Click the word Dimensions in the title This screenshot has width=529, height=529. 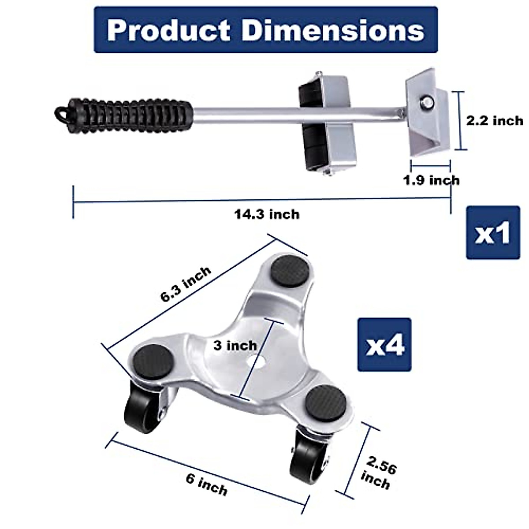pyautogui.click(x=333, y=30)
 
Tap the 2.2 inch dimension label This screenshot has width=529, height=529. pyautogui.click(x=495, y=120)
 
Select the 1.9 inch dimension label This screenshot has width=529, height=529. pyautogui.click(x=431, y=180)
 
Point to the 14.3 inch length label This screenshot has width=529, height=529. pyautogui.click(x=266, y=214)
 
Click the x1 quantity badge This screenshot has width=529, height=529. pyautogui.click(x=492, y=233)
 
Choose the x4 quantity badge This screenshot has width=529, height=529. pyautogui.click(x=384, y=345)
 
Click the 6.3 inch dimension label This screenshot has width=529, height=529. pyautogui.click(x=186, y=283)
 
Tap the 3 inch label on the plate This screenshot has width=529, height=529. pyautogui.click(x=235, y=345)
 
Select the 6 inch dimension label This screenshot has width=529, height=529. pyautogui.click(x=206, y=484)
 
